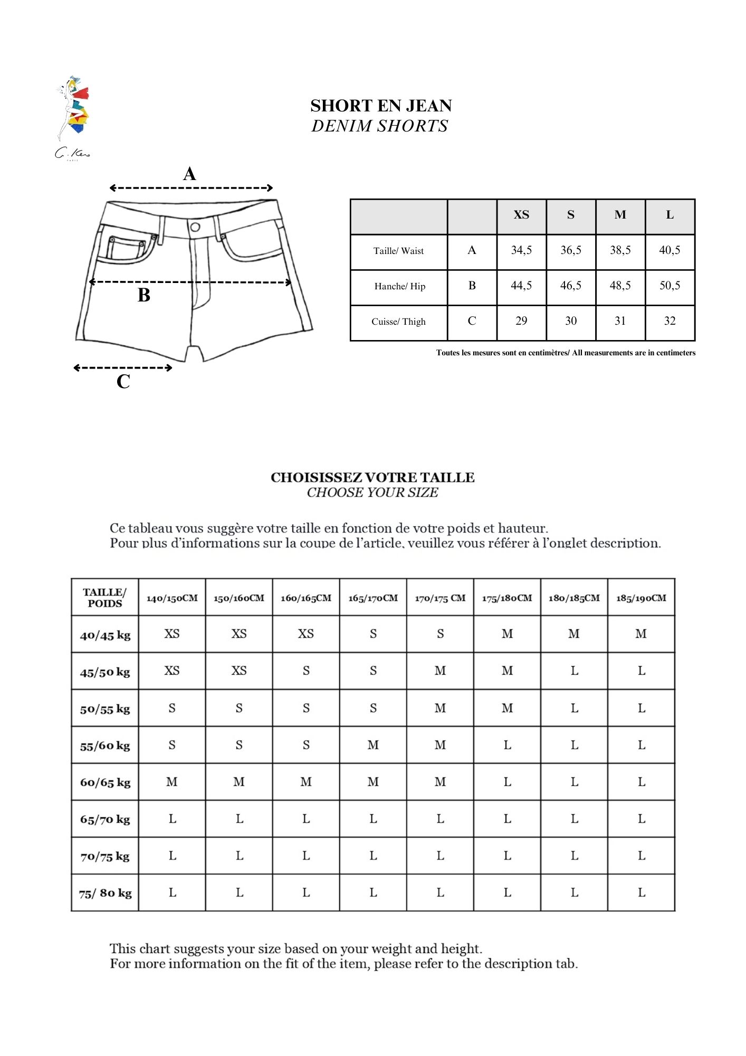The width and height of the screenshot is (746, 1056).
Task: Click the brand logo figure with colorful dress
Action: pyautogui.click(x=73, y=109)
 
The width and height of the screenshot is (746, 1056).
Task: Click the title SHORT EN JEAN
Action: pyautogui.click(x=381, y=106)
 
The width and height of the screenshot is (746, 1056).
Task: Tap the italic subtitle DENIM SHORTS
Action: pyautogui.click(x=379, y=126)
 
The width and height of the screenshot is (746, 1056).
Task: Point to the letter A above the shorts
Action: pyautogui.click(x=189, y=174)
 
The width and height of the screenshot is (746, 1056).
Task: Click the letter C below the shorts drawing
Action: pyautogui.click(x=123, y=381)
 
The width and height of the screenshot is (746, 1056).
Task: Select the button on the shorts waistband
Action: pyautogui.click(x=195, y=227)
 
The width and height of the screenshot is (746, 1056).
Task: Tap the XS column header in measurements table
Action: pyautogui.click(x=521, y=215)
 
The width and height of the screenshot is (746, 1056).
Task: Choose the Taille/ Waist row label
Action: pyautogui.click(x=398, y=251)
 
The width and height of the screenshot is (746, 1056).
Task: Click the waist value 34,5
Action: pyautogui.click(x=521, y=250)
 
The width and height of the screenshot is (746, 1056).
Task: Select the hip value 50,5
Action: pyautogui.click(x=670, y=286)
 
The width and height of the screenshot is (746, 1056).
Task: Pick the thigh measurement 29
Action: pyautogui.click(x=521, y=321)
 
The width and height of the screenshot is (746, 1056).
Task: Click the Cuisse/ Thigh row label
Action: pyautogui.click(x=398, y=322)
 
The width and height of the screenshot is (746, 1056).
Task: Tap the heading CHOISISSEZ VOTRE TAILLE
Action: pyautogui.click(x=372, y=477)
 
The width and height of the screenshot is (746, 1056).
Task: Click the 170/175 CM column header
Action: pyautogui.click(x=440, y=598)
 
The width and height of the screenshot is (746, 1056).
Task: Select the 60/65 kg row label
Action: pyautogui.click(x=105, y=782)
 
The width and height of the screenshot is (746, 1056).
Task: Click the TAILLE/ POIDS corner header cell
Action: pyautogui.click(x=105, y=598)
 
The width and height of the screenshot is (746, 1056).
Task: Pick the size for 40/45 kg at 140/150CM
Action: pyautogui.click(x=172, y=634)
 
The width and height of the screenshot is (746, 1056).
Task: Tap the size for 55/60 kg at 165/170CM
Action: pyautogui.click(x=373, y=745)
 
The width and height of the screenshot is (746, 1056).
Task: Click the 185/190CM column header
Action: pyautogui.click(x=641, y=598)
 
